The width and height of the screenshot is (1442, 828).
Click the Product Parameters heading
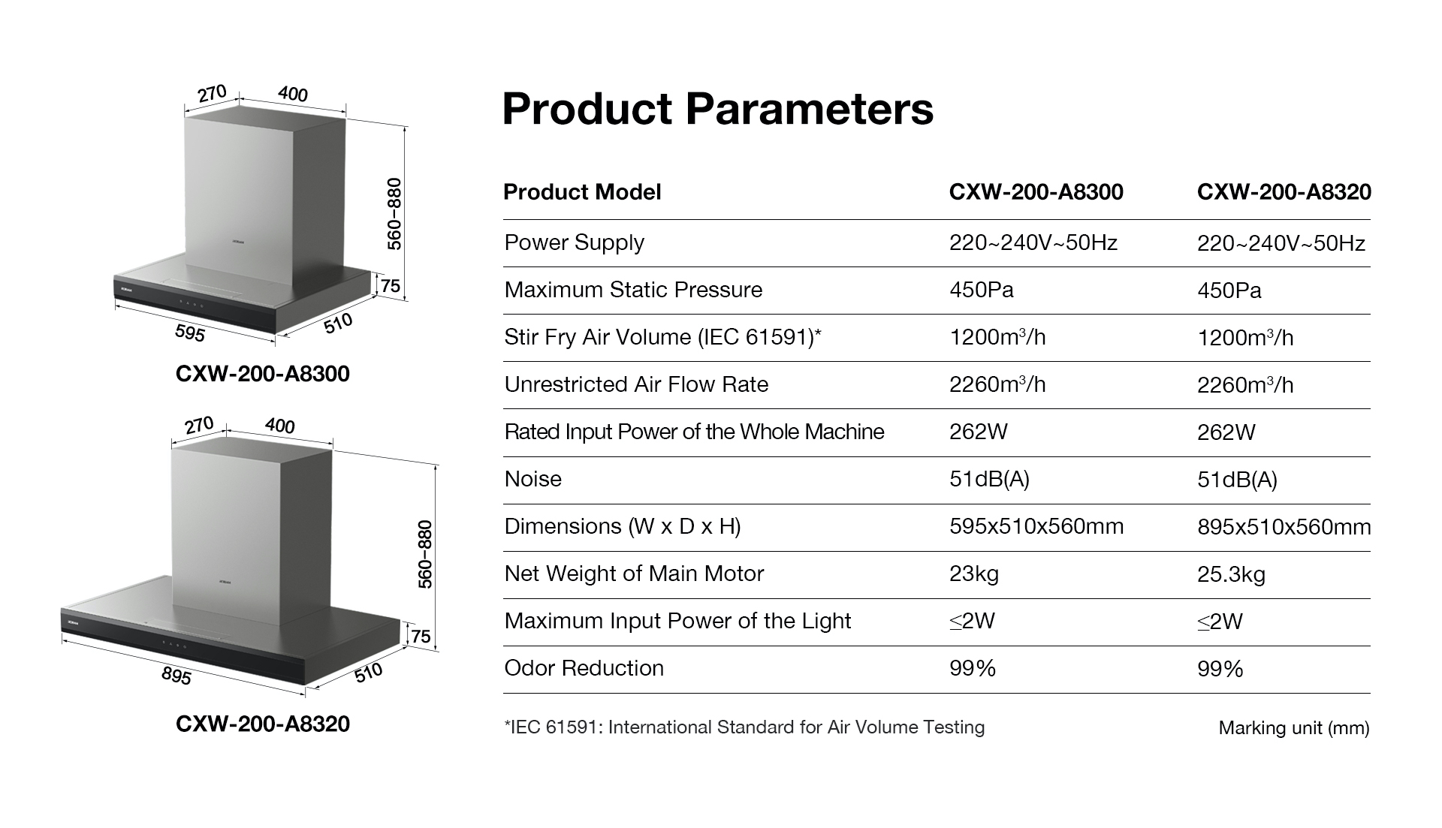[x=717, y=109]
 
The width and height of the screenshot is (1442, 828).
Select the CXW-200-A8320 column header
[x=1284, y=192]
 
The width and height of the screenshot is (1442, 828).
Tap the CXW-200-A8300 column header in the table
[x=1036, y=192]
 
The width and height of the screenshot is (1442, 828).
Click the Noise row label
[x=532, y=479]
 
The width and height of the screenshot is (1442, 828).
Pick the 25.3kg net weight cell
[x=1231, y=575]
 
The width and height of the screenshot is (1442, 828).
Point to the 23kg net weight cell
[x=974, y=574]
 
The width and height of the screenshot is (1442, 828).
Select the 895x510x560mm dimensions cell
[x=1284, y=527]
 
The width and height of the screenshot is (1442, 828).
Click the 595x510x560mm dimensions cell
[x=1036, y=526]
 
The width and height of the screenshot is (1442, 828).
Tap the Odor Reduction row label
[x=584, y=668]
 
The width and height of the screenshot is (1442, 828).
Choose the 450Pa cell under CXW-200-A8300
[x=981, y=290]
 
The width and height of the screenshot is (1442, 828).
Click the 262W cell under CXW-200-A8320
[x=1226, y=432]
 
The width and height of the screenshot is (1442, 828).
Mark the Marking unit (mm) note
[x=1294, y=728]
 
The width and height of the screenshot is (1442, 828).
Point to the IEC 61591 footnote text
[x=744, y=727]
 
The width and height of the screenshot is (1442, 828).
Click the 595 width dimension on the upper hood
[x=189, y=333]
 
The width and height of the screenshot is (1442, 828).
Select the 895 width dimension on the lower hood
[x=176, y=676]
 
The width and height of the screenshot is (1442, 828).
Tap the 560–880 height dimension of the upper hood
[x=394, y=214]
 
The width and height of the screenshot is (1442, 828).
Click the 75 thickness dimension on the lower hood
[x=421, y=637]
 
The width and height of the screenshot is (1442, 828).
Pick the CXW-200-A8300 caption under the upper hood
[x=263, y=374]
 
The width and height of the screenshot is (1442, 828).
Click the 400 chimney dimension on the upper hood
[x=292, y=94]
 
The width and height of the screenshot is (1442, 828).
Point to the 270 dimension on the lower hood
[x=199, y=426]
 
